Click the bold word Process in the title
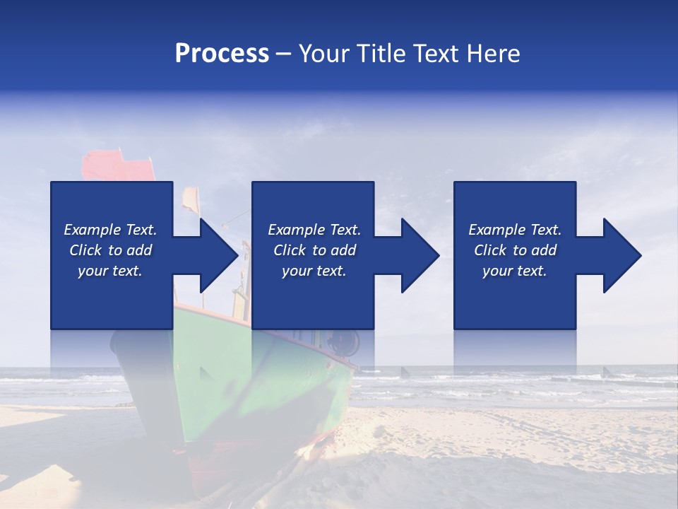tap(222, 54)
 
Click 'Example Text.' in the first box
tap(110, 230)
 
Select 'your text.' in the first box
tap(110, 271)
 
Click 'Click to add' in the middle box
tap(314, 250)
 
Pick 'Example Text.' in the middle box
tap(314, 230)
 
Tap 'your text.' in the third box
tap(515, 271)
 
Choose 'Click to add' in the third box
tap(515, 250)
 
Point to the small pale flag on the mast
tap(190, 201)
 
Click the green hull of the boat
tap(297, 382)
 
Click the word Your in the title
tap(324, 54)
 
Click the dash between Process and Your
tap(284, 54)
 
